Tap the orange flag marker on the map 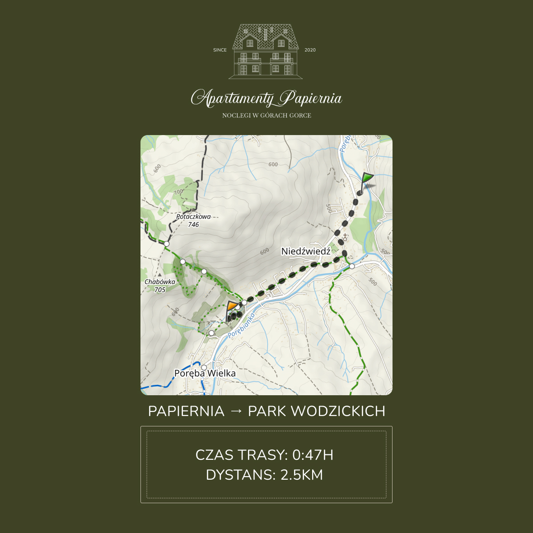[232, 307]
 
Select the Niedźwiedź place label [306, 251]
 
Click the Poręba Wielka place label [205, 373]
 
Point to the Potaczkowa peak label [193, 216]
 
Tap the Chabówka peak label [160, 282]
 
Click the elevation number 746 [193, 224]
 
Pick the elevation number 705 [160, 290]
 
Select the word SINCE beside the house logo [220, 50]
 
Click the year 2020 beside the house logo [310, 50]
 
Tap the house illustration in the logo [266, 51]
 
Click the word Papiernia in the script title [310, 98]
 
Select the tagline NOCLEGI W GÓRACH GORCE [266, 116]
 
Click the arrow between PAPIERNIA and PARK [236, 411]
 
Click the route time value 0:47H [313, 455]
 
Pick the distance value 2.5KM [301, 475]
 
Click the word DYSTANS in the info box [240, 475]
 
